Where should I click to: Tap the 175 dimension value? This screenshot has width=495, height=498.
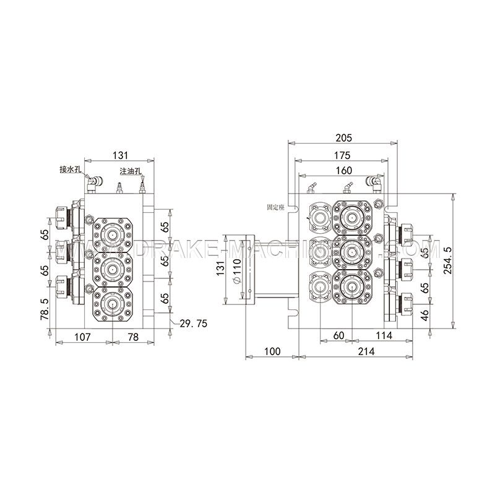(x=343, y=154)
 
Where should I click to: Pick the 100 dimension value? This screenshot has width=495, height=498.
(x=272, y=351)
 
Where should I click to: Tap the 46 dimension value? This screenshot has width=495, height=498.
(x=424, y=314)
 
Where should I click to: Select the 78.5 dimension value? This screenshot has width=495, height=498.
(x=44, y=307)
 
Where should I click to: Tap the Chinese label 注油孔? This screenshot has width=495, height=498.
(x=132, y=171)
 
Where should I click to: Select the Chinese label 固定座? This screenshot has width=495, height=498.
(x=275, y=208)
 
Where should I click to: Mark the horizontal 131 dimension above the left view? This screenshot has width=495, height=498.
(x=119, y=155)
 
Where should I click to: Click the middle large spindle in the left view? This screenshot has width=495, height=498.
(x=112, y=268)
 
